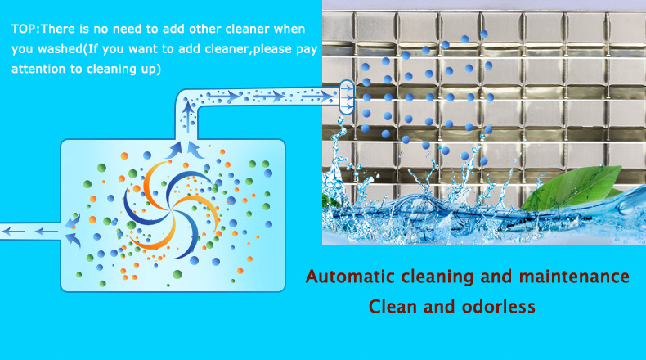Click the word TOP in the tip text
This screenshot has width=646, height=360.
click(x=25, y=29)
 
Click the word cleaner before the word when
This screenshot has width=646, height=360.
click(x=228, y=29)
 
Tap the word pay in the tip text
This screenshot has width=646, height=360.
click(x=306, y=49)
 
